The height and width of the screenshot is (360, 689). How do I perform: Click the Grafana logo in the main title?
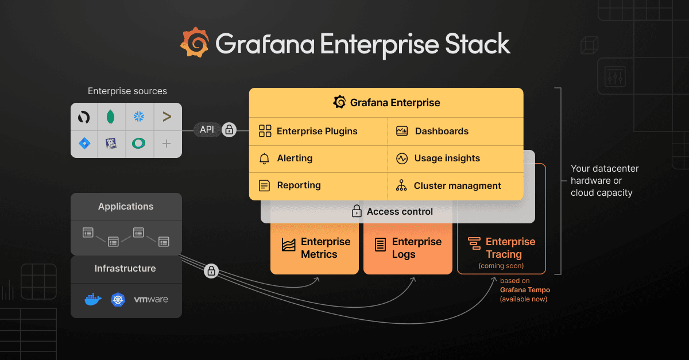(x=194, y=42)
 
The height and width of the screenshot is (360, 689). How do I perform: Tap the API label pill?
(x=207, y=130)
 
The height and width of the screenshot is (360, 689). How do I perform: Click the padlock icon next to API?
(x=229, y=130)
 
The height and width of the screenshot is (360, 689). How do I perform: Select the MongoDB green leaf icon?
(x=111, y=117)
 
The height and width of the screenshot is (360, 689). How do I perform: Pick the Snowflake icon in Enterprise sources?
(x=139, y=117)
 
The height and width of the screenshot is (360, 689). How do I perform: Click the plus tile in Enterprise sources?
(x=167, y=144)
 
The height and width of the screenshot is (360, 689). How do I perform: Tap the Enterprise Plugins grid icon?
(x=265, y=131)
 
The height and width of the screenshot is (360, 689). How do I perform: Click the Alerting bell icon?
(x=264, y=158)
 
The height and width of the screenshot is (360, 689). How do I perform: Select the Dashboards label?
(x=442, y=131)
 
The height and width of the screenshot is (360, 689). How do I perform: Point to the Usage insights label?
(x=447, y=158)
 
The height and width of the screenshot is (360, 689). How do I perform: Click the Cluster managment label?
(x=457, y=185)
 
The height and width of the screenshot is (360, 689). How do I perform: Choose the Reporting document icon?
(x=264, y=185)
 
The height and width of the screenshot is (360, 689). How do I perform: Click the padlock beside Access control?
(x=357, y=211)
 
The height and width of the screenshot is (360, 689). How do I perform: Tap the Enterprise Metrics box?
(x=314, y=248)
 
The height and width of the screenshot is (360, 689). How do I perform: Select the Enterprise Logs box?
(x=407, y=248)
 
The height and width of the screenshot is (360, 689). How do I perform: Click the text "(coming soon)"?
(x=501, y=266)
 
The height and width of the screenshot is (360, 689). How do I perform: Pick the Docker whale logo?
(x=92, y=299)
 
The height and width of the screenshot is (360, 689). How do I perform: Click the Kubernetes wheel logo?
(x=118, y=299)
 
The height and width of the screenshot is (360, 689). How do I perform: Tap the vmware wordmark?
(x=151, y=299)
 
